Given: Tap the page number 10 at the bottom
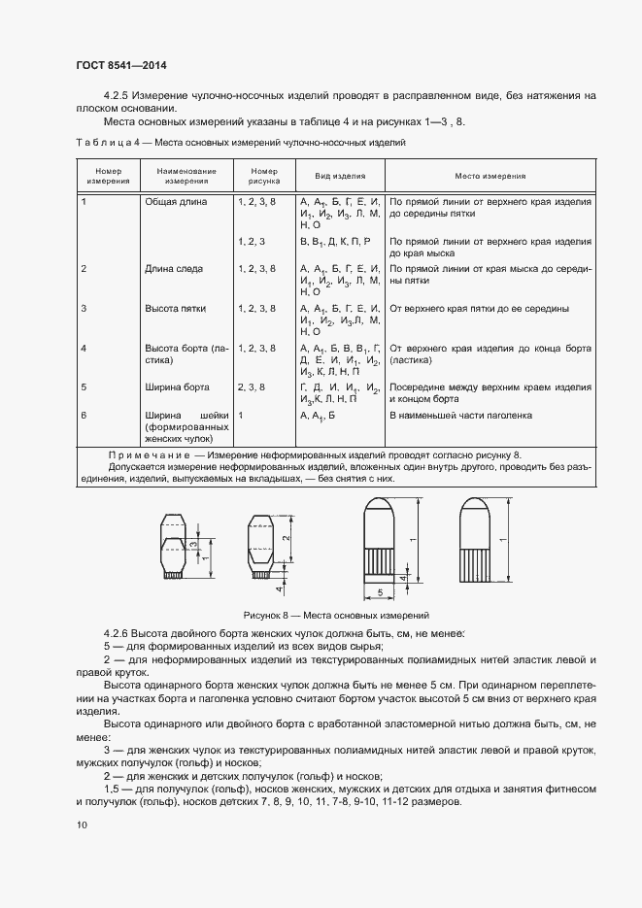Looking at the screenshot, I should (x=82, y=824).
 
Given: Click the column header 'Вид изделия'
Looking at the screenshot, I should (x=339, y=177).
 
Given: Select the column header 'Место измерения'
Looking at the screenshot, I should (x=490, y=177).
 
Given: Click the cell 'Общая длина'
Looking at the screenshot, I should (x=176, y=201).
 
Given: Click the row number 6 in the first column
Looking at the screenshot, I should (x=84, y=416).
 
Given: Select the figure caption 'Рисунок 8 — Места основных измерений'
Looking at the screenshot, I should (x=335, y=615).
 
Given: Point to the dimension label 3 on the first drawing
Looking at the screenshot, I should (x=194, y=546).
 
